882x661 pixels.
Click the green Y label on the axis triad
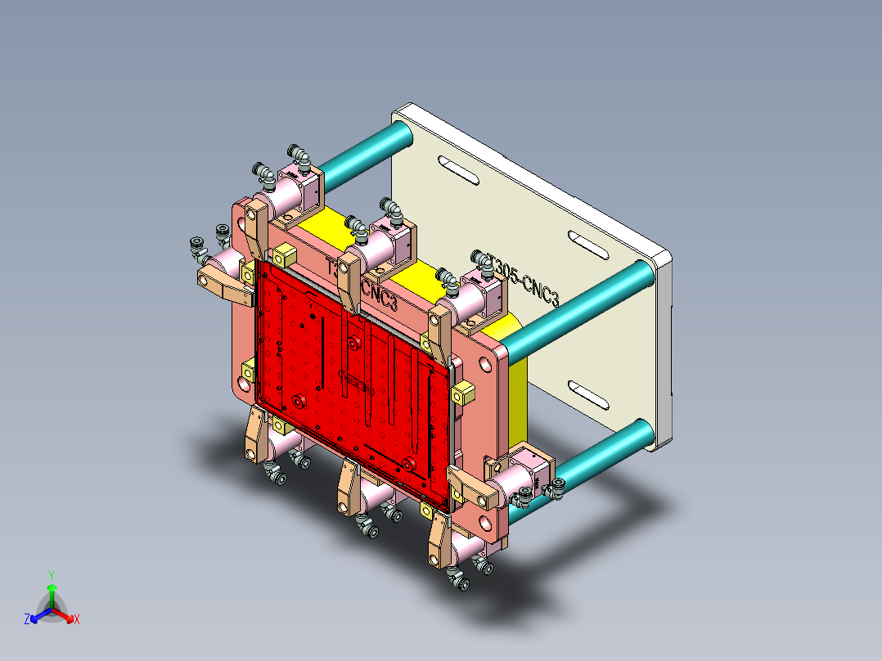51,574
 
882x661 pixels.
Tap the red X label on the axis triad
77,620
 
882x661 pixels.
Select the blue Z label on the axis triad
27,620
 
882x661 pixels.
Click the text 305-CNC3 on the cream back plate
524,277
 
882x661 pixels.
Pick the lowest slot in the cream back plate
589,394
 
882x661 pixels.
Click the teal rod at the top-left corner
360,155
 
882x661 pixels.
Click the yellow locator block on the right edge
463,393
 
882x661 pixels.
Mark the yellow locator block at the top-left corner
284,254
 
